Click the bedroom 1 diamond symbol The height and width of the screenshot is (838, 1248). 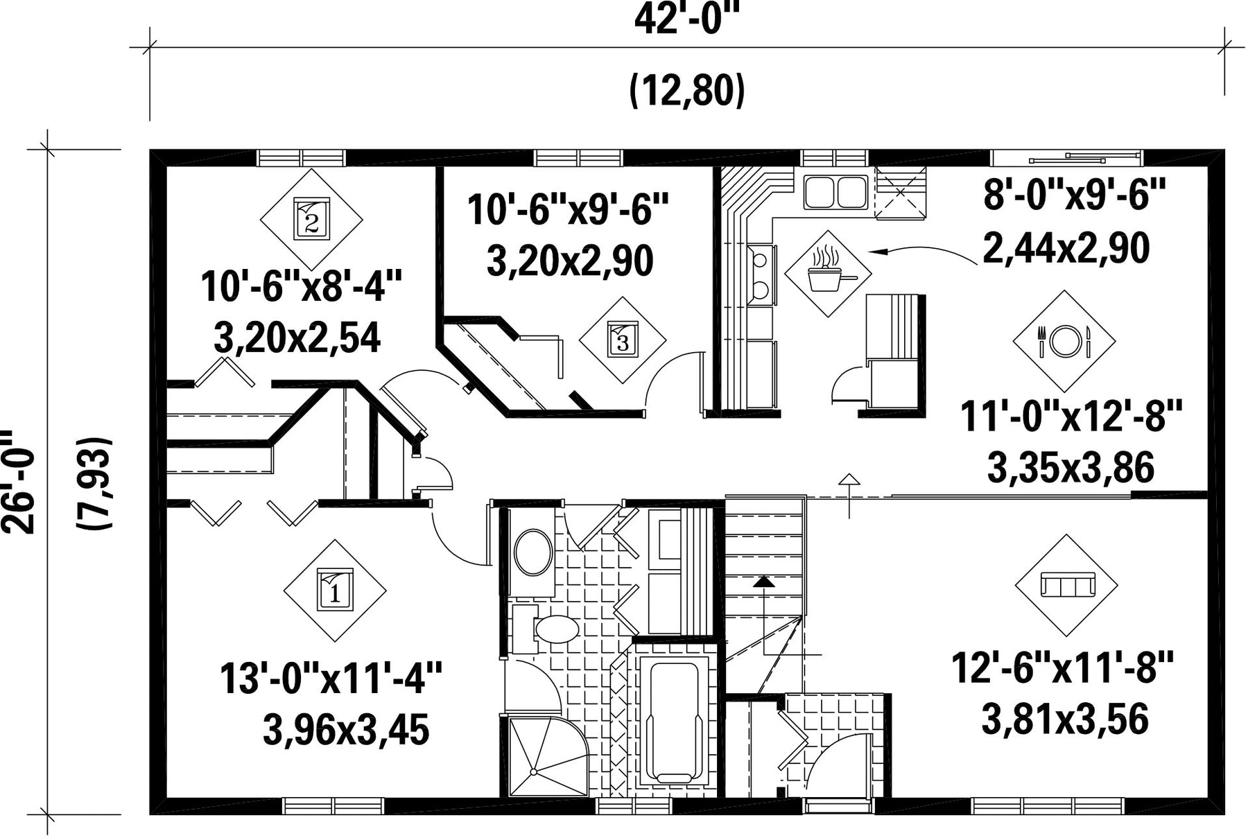tap(335, 591)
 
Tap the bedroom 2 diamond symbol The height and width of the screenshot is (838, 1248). tap(311, 220)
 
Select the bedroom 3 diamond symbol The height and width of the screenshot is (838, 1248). tap(622, 340)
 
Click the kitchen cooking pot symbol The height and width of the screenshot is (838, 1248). tap(828, 273)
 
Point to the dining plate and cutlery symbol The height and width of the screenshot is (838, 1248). tap(1064, 341)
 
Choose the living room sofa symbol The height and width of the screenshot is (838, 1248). tap(1066, 585)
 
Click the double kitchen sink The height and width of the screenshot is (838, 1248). tap(835, 192)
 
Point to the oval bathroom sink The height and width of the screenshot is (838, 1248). tap(533, 552)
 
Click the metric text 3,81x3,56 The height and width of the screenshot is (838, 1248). tap(1065, 719)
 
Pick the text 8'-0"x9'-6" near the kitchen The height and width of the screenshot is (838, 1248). tap(1075, 197)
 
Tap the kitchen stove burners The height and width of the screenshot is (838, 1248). tap(761, 274)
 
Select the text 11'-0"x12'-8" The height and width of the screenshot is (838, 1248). tap(1071, 417)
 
